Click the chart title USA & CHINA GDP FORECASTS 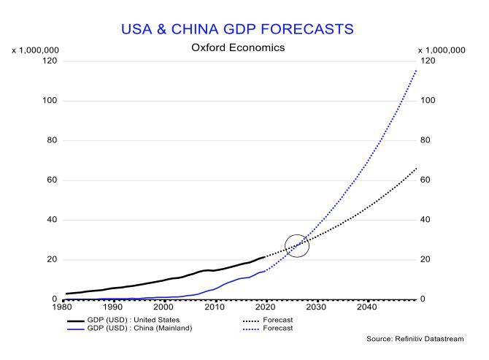tap(237, 29)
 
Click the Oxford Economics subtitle tap(238, 47)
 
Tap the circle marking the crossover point tap(297, 245)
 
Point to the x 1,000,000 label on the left tap(35, 50)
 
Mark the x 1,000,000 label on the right tap(441, 50)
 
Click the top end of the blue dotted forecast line tap(416, 70)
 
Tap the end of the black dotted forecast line tap(416, 168)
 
